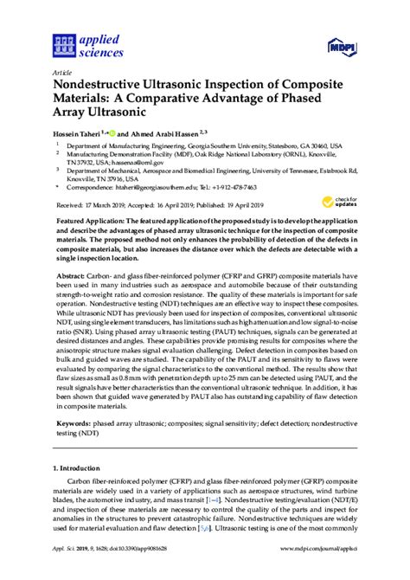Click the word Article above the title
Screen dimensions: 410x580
pyautogui.click(x=62, y=73)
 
